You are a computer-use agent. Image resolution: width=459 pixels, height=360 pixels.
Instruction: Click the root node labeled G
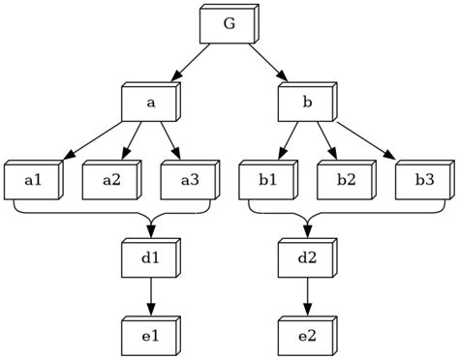click(x=229, y=25)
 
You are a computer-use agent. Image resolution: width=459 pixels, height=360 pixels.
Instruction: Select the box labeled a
click(x=150, y=103)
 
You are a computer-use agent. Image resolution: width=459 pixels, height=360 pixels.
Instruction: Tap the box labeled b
click(x=306, y=103)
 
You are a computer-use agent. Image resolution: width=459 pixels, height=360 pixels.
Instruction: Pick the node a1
click(x=32, y=180)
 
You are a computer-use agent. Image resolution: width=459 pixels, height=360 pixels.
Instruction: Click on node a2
click(x=110, y=180)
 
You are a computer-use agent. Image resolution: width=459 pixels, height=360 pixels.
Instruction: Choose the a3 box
click(x=189, y=180)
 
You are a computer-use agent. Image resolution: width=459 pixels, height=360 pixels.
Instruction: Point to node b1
click(x=267, y=180)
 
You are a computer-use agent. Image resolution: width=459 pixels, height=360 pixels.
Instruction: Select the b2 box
click(x=345, y=180)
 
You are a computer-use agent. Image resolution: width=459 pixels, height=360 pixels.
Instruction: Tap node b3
click(x=423, y=180)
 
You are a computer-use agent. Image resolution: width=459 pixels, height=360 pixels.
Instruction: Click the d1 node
click(x=150, y=258)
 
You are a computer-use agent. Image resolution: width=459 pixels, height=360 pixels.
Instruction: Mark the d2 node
click(x=306, y=258)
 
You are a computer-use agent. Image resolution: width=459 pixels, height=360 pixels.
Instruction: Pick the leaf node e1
click(x=150, y=336)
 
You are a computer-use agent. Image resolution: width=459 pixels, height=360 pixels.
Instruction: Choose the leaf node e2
click(x=306, y=336)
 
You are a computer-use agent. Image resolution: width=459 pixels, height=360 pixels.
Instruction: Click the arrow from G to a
click(x=191, y=63)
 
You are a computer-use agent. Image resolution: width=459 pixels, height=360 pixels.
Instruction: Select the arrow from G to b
click(x=267, y=63)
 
